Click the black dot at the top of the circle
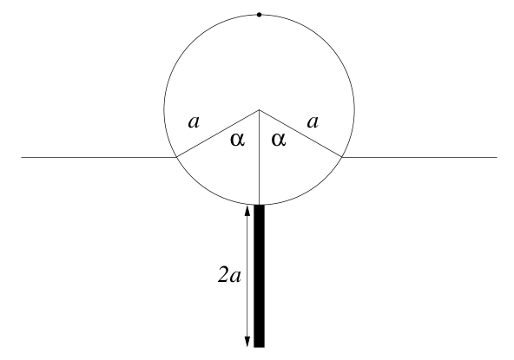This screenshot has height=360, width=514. [x=259, y=15]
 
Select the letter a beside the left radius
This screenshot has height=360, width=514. [x=194, y=122]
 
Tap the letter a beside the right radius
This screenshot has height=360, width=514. [x=313, y=122]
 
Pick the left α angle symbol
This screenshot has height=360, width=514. [x=237, y=140]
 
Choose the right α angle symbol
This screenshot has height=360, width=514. [x=279, y=140]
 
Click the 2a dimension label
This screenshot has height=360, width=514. [x=229, y=276]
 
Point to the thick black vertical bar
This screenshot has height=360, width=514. [x=259, y=276]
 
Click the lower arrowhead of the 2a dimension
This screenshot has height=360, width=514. [x=247, y=342]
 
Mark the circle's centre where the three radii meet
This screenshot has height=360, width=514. [x=260, y=110]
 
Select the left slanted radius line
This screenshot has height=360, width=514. [x=218, y=134]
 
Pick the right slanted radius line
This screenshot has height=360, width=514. [x=300, y=134]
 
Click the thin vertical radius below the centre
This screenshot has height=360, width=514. [x=260, y=157]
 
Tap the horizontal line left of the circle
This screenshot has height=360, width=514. [x=99, y=157]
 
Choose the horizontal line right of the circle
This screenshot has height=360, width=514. [x=419, y=157]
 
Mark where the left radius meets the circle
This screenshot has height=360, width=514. [x=177, y=157]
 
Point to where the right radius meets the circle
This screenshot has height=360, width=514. [x=341, y=157]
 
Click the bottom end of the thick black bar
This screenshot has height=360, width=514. [x=259, y=347]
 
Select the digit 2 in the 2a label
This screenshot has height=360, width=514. [x=222, y=275]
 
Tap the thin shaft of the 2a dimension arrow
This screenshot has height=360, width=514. [x=247, y=276]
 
